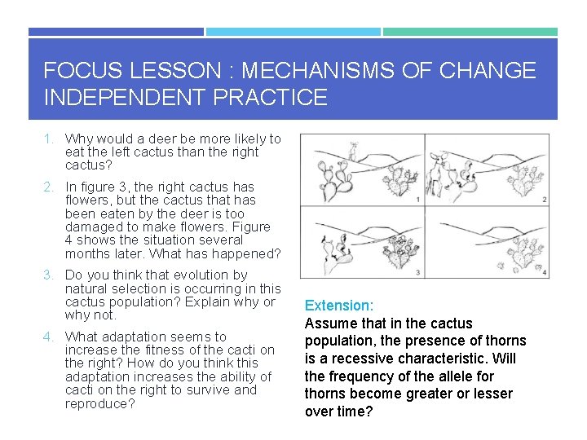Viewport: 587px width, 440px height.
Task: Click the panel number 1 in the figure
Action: (x=417, y=199)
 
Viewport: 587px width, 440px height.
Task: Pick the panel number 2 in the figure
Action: (x=544, y=199)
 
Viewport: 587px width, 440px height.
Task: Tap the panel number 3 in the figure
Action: (x=417, y=272)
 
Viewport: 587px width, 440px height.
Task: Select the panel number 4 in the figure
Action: (x=544, y=272)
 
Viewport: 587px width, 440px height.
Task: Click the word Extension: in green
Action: (x=339, y=306)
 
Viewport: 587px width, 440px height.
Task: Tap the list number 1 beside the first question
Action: (x=49, y=139)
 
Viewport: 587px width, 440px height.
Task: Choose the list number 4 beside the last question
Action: (x=49, y=337)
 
